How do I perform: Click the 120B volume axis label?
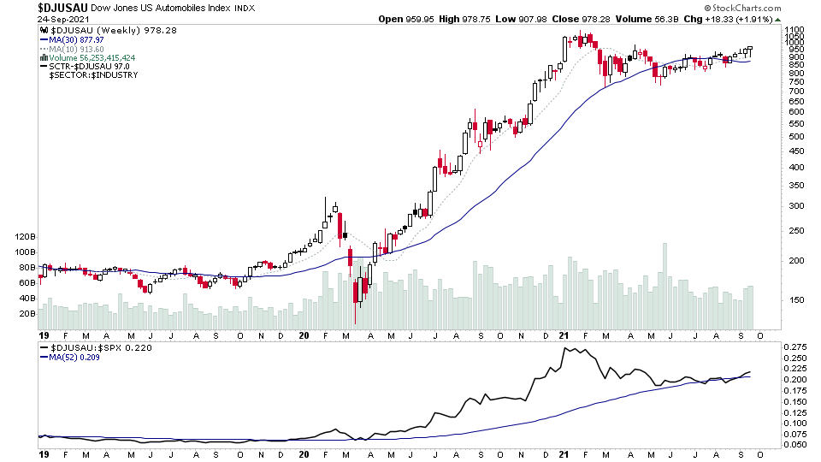24,236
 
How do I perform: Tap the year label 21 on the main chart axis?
565,335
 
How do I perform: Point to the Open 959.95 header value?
404,20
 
